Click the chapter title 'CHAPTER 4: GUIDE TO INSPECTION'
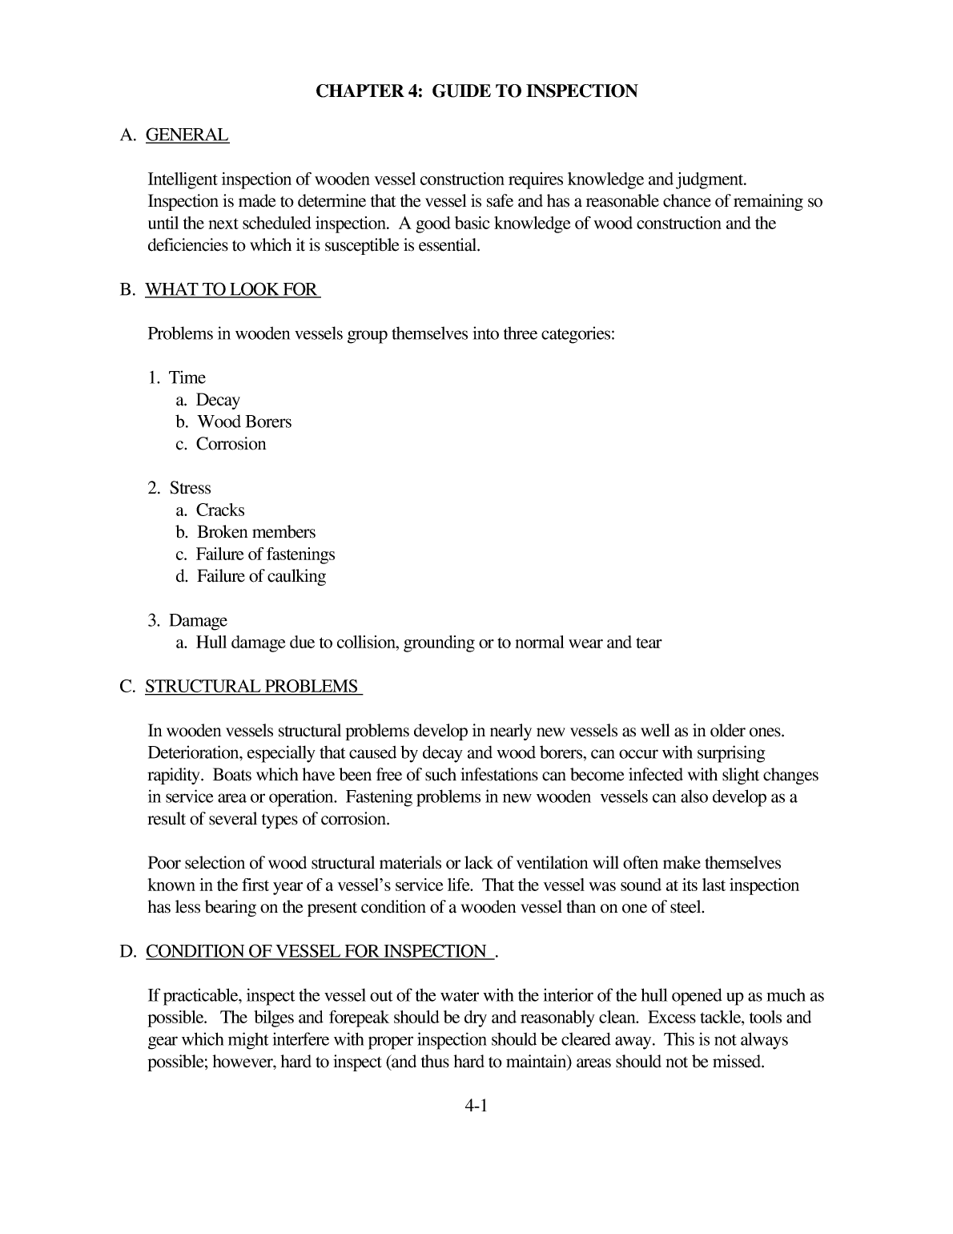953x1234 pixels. pyautogui.click(x=476, y=91)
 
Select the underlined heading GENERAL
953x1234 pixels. pyautogui.click(x=187, y=135)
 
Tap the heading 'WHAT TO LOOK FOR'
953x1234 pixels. pyautogui.click(x=231, y=289)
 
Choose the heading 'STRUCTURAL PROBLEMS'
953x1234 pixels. pyautogui.click(x=252, y=687)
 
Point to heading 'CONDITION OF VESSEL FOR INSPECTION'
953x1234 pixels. pyautogui.click(x=316, y=951)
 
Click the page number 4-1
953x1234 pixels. pyautogui.click(x=476, y=1107)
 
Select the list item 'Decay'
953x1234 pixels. pyautogui.click(x=217, y=400)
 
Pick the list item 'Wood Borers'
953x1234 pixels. pyautogui.click(x=244, y=421)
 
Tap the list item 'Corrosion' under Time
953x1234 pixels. pyautogui.click(x=231, y=444)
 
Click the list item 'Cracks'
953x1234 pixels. pyautogui.click(x=220, y=510)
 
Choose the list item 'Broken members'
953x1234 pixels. pyautogui.click(x=256, y=532)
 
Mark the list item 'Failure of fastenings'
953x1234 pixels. pyautogui.click(x=265, y=554)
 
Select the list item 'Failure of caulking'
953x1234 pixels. pyautogui.click(x=261, y=576)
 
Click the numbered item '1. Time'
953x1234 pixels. pyautogui.click(x=177, y=377)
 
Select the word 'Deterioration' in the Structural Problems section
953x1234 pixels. pyautogui.click(x=194, y=753)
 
